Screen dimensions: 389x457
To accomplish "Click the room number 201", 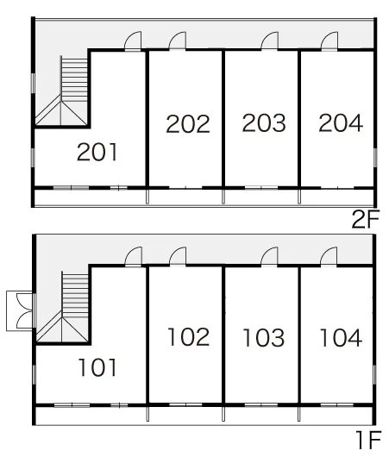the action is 97,152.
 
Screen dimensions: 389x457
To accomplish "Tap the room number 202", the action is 188,124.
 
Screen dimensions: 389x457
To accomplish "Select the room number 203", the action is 264,122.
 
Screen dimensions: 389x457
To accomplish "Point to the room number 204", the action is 341,122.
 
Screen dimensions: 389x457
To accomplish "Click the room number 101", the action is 97,367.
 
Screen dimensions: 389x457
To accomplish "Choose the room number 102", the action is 189,336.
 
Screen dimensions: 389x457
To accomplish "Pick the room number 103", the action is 263,337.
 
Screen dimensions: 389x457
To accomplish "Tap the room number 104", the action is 341,337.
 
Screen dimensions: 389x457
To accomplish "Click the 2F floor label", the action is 365,219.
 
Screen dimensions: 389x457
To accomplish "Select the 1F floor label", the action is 368,440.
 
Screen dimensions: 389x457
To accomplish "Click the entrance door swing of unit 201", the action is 133,41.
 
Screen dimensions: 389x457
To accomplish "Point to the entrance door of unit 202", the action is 178,41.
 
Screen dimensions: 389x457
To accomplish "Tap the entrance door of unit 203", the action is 270,41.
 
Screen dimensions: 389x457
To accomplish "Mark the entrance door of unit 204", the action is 329,41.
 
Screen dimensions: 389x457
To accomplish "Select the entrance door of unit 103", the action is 269,256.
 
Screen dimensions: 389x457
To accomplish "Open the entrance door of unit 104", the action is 329,256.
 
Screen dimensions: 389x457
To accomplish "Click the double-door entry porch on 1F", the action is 20,310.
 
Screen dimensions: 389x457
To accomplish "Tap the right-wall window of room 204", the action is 375,158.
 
